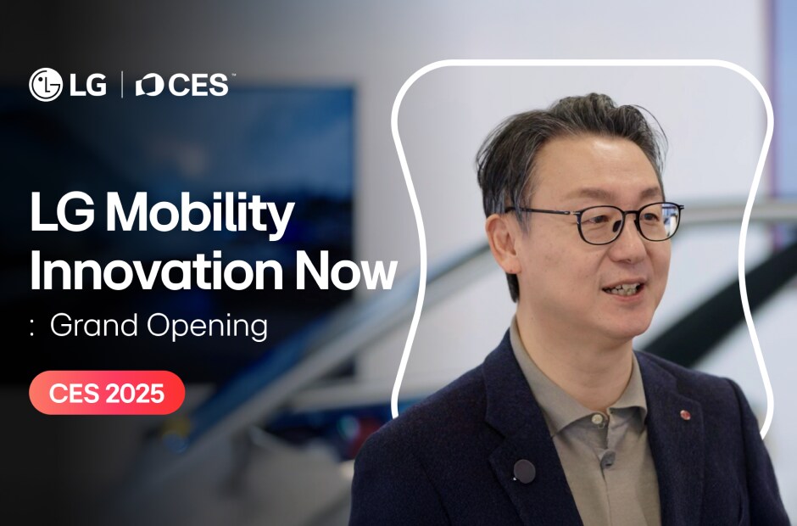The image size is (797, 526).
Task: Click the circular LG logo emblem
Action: pyautogui.click(x=46, y=85)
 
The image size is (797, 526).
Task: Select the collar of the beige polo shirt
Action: pyautogui.click(x=560, y=373)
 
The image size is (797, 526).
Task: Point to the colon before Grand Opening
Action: pyautogui.click(x=32, y=327)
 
